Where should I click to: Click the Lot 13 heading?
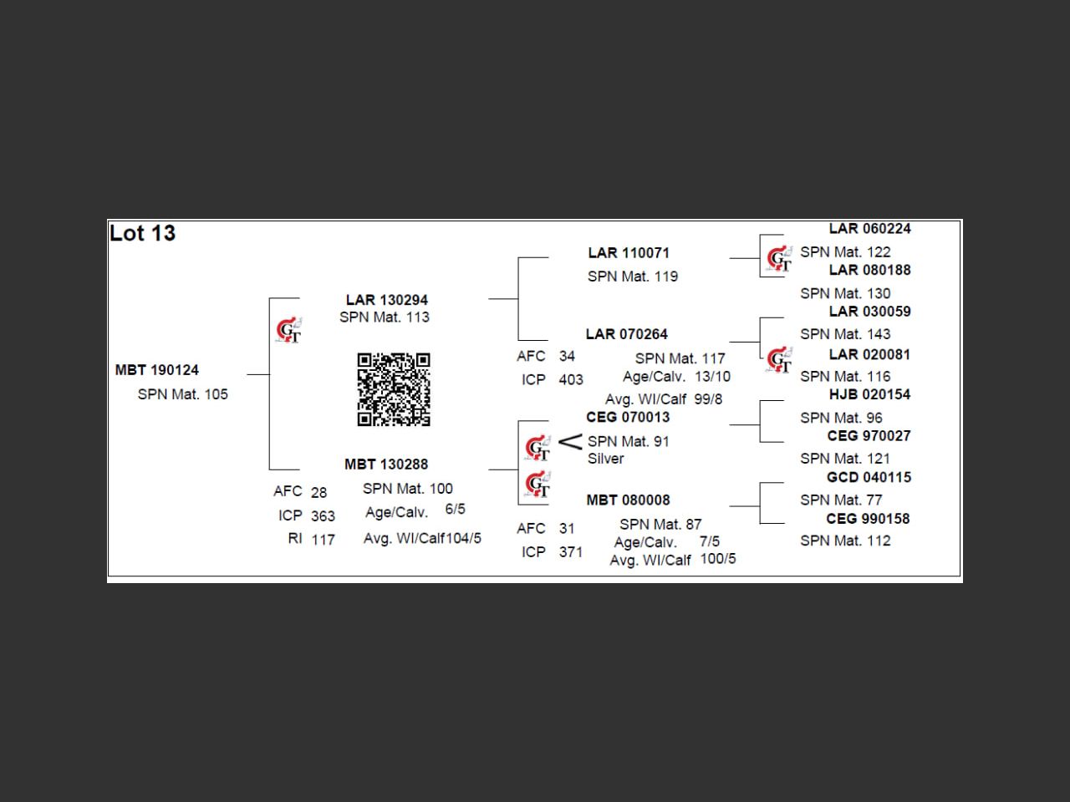tap(142, 233)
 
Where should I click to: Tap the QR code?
tap(394, 389)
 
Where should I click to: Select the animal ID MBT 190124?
tap(157, 370)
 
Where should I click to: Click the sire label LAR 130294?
tap(387, 300)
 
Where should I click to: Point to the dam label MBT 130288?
tap(386, 464)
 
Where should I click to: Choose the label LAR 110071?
tap(629, 253)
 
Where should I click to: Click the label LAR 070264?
tap(627, 334)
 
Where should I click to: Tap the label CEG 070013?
tap(628, 417)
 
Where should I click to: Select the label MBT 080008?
tap(628, 500)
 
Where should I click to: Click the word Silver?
tap(605, 459)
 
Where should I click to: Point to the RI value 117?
tap(323, 540)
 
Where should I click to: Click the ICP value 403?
tap(571, 380)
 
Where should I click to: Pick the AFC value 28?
tap(318, 492)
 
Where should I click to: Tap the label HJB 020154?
tap(869, 394)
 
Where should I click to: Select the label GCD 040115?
tap(869, 477)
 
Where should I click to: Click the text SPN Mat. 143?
tap(845, 334)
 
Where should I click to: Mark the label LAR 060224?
tap(869, 229)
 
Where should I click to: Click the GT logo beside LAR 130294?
tap(288, 331)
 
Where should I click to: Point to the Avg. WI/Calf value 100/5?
tap(718, 559)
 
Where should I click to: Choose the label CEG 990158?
tap(868, 519)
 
